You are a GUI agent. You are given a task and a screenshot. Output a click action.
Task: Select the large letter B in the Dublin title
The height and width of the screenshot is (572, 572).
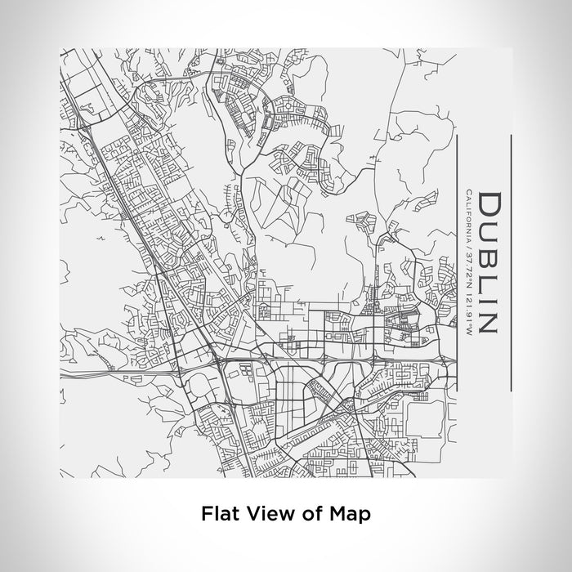pos(489,254)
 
